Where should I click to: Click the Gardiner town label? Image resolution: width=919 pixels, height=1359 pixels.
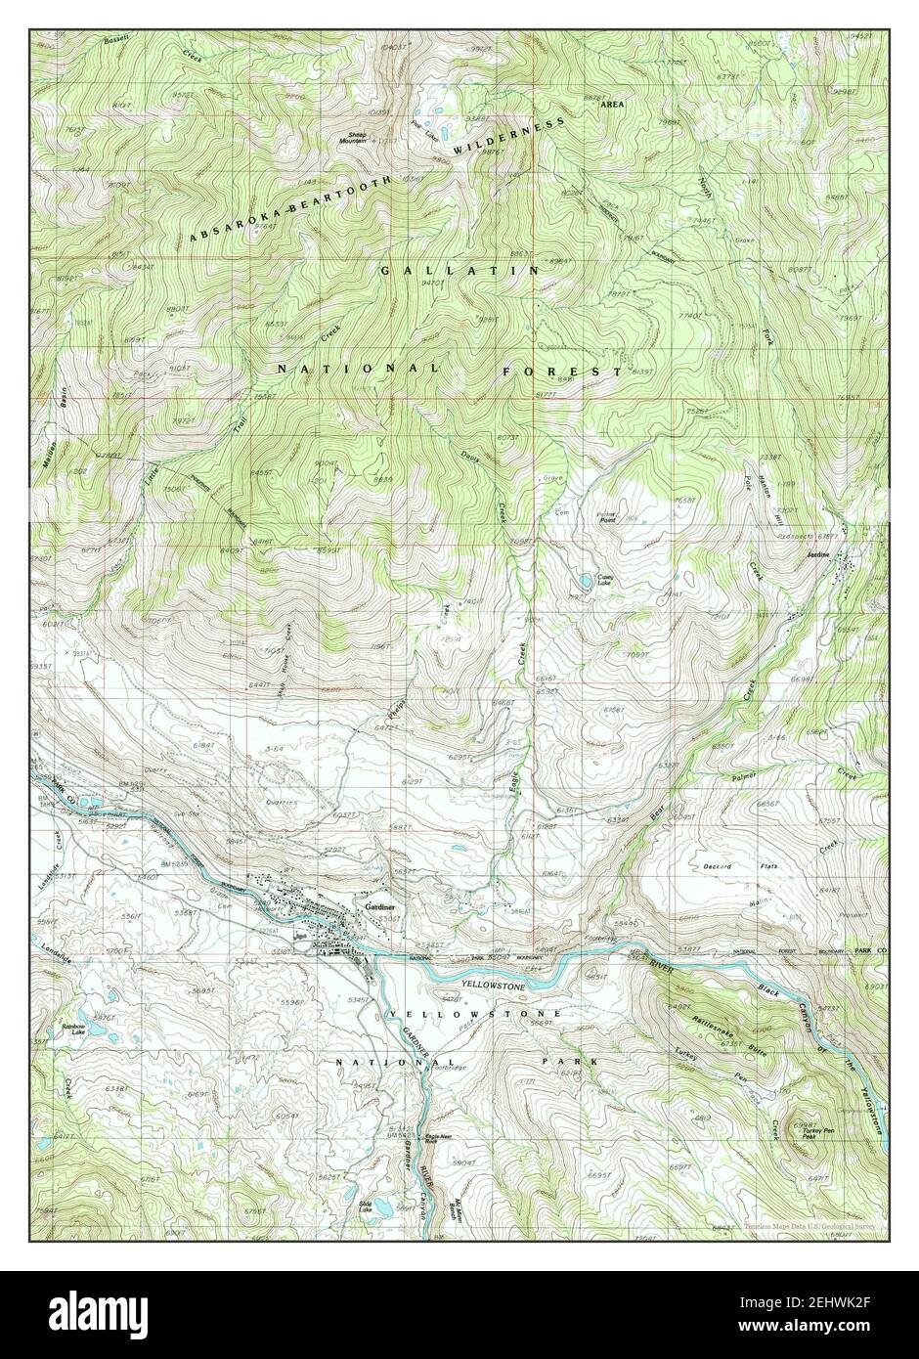[x=379, y=906]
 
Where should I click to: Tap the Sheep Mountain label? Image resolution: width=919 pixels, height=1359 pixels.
[x=352, y=139]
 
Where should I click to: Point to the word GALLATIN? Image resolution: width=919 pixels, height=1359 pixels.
[x=458, y=267]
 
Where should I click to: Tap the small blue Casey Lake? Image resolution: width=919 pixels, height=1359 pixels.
[x=584, y=578]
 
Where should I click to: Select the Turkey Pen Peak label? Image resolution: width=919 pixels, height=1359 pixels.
[x=816, y=1134]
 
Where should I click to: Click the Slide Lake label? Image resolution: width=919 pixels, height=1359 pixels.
[x=366, y=1206]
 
